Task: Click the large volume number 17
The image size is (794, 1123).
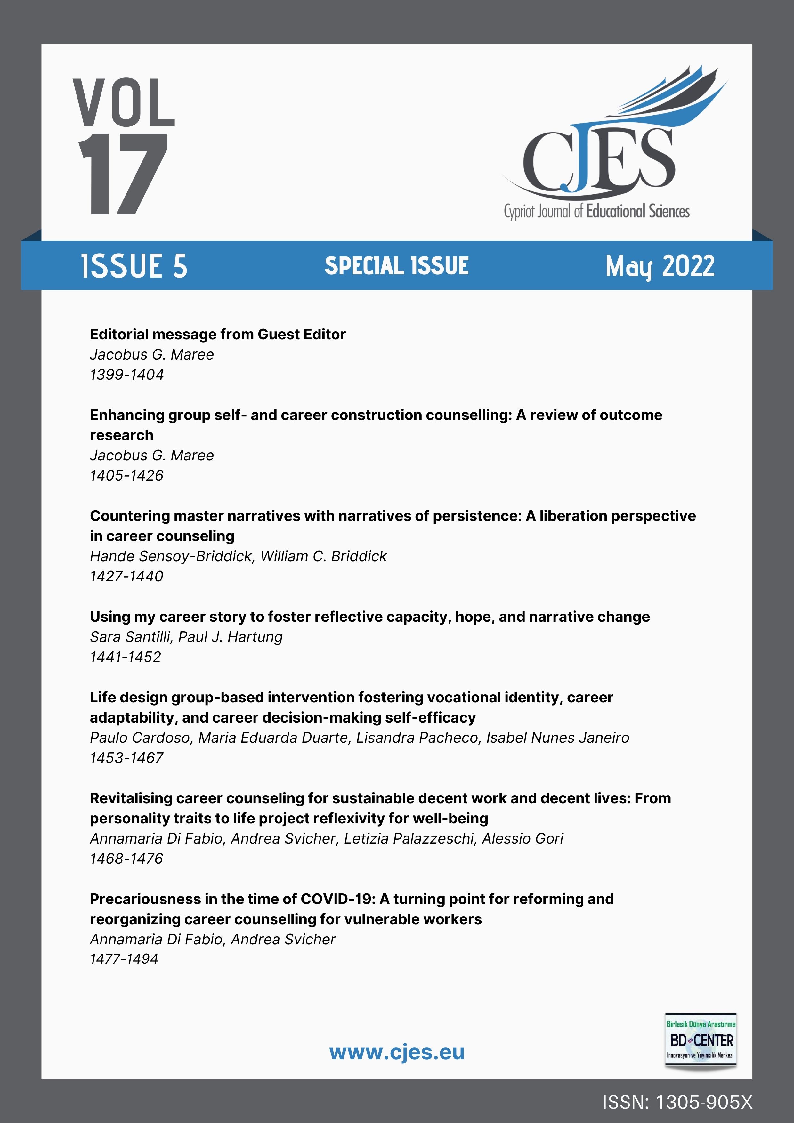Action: tap(123, 174)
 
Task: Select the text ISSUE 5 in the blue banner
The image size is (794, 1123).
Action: tap(134, 266)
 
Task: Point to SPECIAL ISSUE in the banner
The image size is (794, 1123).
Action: tap(396, 266)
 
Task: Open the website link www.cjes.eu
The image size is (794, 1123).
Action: tap(396, 1052)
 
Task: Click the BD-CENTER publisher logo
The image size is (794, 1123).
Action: tap(701, 1040)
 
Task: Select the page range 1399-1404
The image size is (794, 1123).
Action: tap(127, 375)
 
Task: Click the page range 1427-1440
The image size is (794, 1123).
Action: tap(127, 576)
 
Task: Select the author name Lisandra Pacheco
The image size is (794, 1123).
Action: tap(417, 738)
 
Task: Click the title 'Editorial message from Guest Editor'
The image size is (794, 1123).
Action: tap(218, 335)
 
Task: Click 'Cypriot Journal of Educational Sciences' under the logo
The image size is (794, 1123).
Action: tap(596, 211)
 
